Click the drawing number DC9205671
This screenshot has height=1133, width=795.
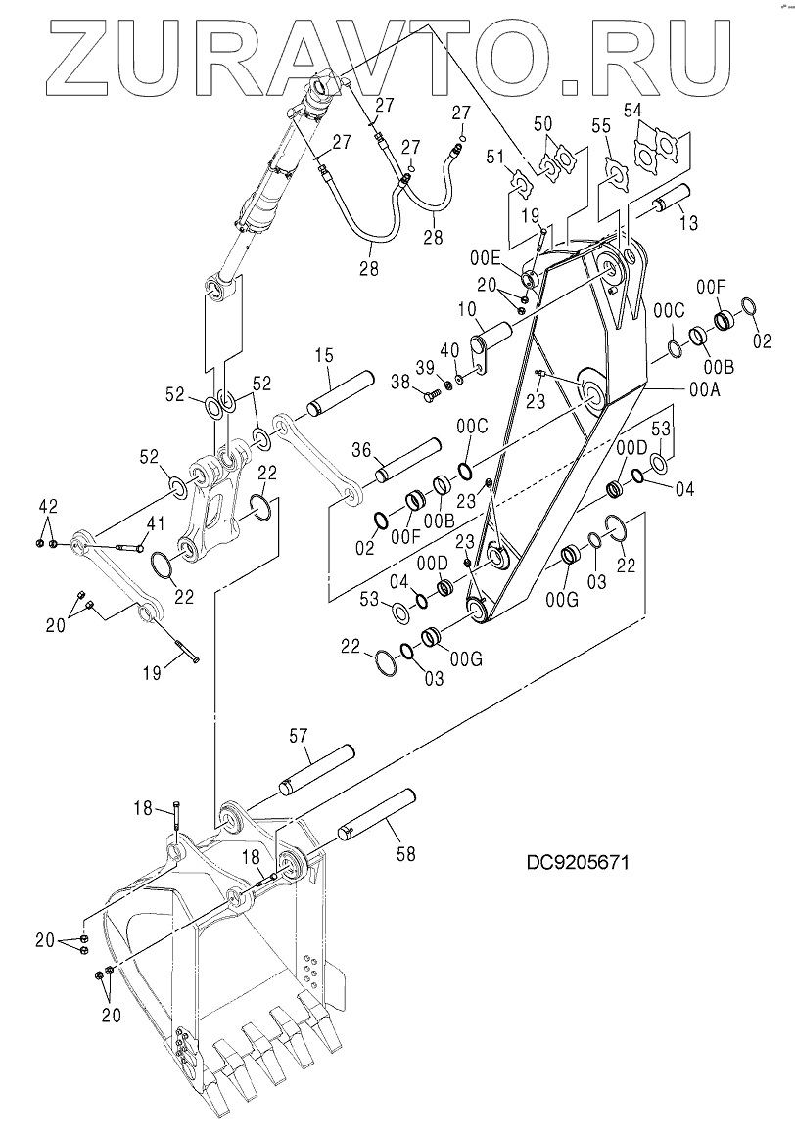tap(576, 862)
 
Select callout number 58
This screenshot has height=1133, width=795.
tap(405, 854)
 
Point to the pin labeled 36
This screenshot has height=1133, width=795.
tap(405, 462)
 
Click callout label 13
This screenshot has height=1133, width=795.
tap(687, 223)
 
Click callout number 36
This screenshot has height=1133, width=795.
tap(361, 451)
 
